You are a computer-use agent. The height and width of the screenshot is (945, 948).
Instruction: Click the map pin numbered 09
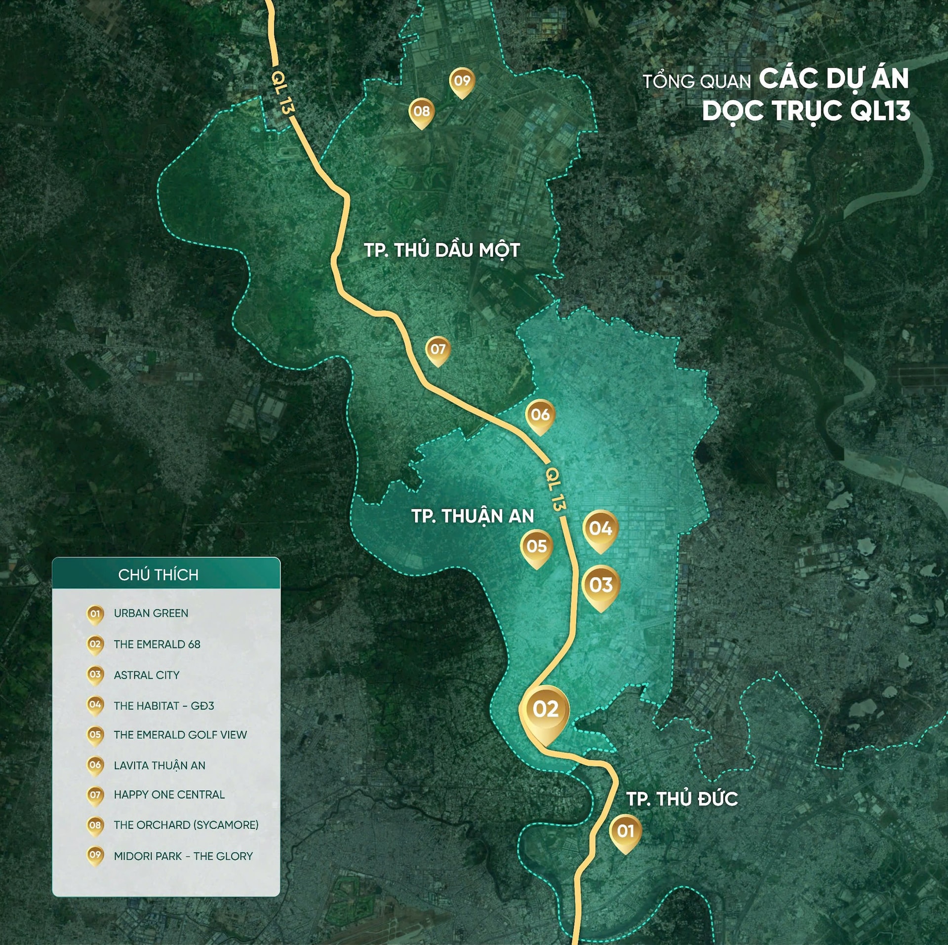coord(462,81)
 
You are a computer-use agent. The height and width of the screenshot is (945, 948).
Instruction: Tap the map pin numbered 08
coord(422,112)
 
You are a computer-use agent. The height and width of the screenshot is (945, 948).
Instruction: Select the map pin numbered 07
coord(438,350)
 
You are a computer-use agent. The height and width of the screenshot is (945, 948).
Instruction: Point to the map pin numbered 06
coord(540,416)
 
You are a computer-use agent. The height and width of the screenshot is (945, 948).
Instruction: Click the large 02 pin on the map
coord(545,711)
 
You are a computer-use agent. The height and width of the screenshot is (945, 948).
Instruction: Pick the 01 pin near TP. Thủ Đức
coord(626,832)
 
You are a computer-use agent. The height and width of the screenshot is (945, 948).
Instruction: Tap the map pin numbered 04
coord(600,530)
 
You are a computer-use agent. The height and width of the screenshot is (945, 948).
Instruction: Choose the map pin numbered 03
coord(600,586)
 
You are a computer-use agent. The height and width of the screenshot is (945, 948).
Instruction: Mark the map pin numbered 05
coord(537,547)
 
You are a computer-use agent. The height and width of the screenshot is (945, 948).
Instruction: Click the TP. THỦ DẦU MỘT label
coord(442,250)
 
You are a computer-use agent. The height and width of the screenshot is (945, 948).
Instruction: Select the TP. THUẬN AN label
coord(473,516)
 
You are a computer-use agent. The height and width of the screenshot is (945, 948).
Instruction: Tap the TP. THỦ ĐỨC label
coord(682,799)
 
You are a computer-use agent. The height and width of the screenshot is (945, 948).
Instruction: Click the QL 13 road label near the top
coord(282,93)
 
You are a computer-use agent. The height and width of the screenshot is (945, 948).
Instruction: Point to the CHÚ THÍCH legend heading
coord(158,575)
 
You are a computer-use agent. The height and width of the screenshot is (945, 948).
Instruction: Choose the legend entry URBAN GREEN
coord(151,613)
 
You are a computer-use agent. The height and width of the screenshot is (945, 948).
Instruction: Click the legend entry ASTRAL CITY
coord(147,675)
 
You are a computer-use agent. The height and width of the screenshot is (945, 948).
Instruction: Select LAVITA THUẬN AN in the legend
coord(159,765)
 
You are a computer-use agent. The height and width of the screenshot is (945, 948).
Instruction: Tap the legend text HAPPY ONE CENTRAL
coord(169,795)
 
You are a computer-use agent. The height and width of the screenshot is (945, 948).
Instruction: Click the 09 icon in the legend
coord(95,856)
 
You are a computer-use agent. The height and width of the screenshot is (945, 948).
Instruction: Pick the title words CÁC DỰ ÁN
coord(833,79)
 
